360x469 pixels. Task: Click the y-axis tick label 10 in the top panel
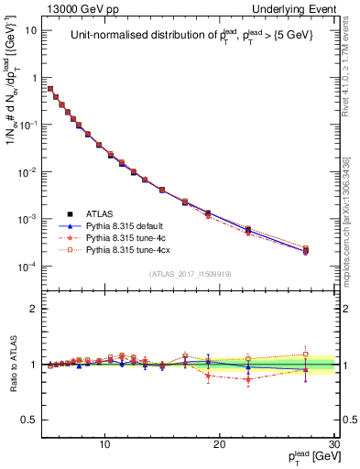(31, 29)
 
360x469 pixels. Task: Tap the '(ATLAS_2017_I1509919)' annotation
(191, 274)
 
